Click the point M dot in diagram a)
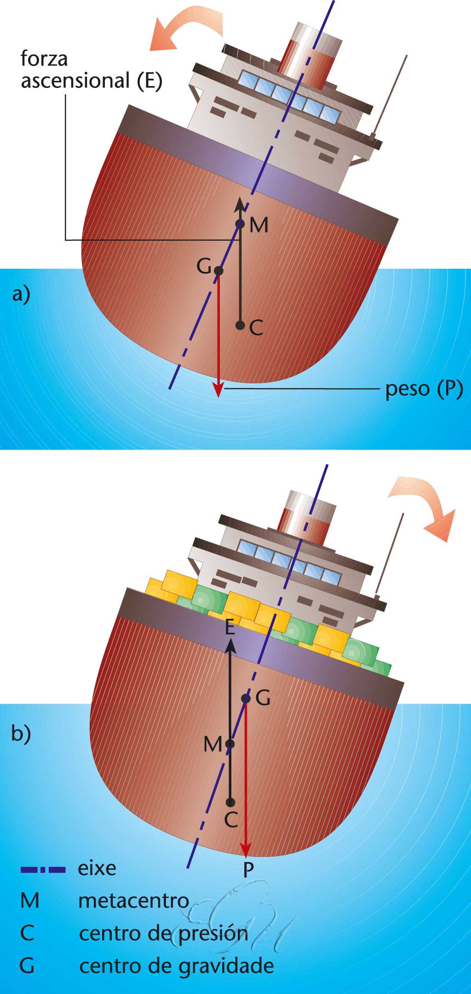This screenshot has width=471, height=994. pyautogui.click(x=240, y=224)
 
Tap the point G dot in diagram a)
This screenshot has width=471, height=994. pyautogui.click(x=218, y=271)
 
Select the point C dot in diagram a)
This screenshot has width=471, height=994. pyautogui.click(x=240, y=325)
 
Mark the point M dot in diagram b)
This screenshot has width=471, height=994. pyautogui.click(x=230, y=744)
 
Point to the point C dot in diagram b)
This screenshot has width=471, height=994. pyautogui.click(x=230, y=802)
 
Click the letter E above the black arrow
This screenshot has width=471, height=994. pyautogui.click(x=230, y=628)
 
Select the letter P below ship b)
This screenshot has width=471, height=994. pyautogui.click(x=248, y=869)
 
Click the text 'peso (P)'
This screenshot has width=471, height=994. pyautogui.click(x=424, y=389)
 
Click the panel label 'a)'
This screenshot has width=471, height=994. pyautogui.click(x=21, y=294)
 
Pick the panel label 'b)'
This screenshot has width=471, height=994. pyautogui.click(x=21, y=734)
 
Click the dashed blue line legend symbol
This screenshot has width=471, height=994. pyautogui.click(x=43, y=869)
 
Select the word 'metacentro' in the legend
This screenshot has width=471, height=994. pyautogui.click(x=133, y=901)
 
